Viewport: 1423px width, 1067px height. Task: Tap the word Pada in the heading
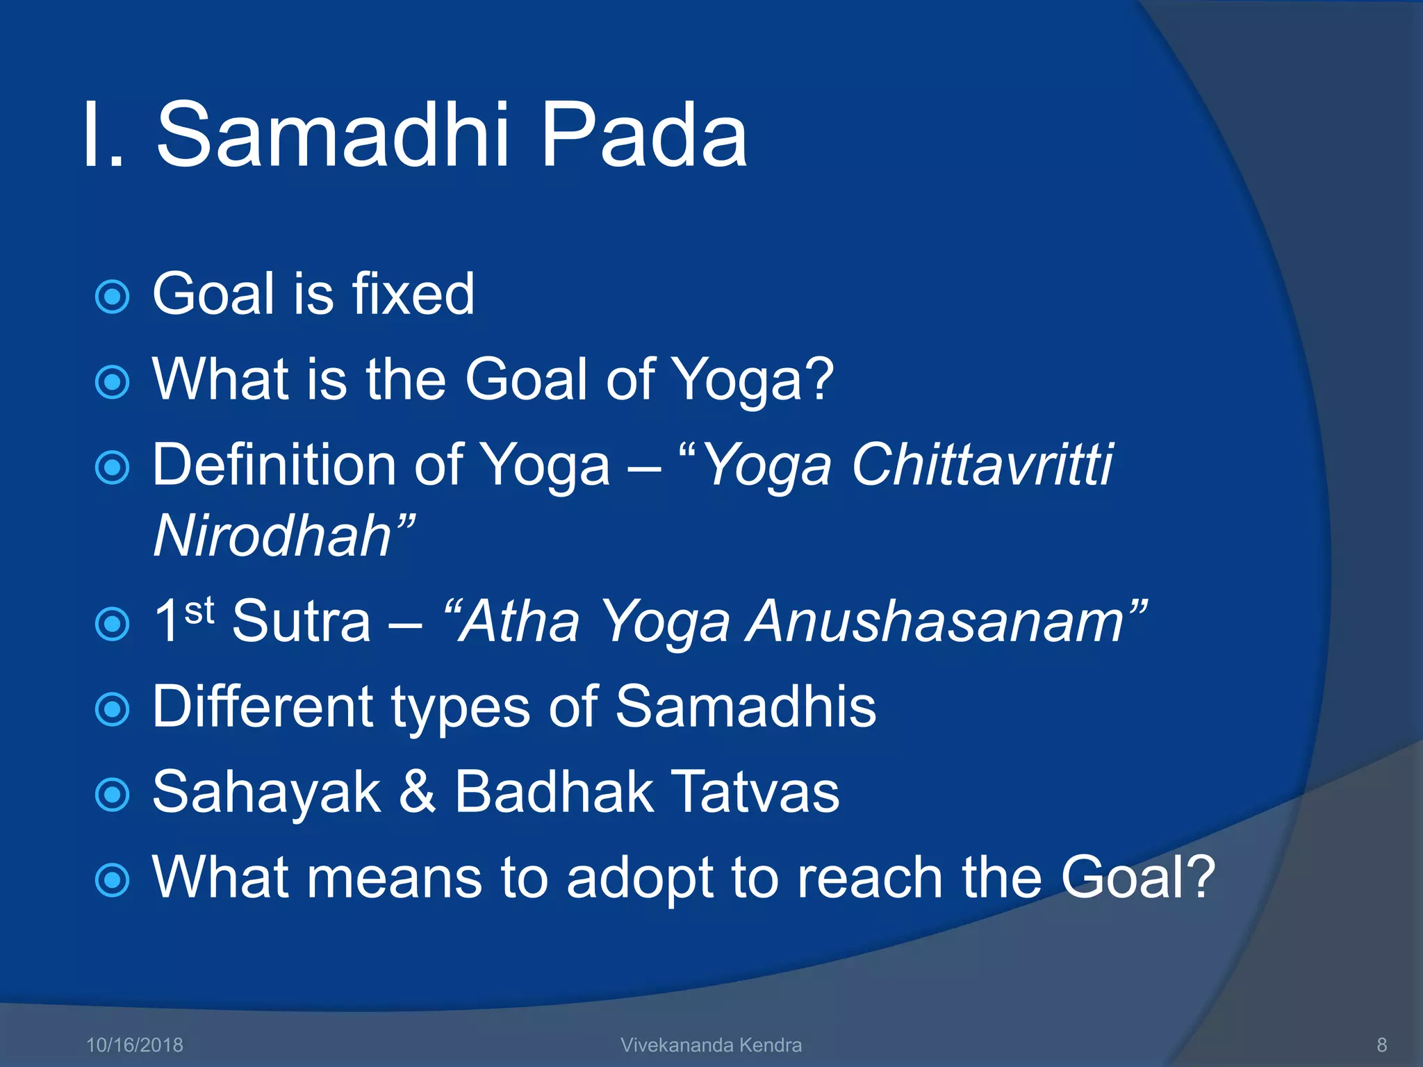point(643,135)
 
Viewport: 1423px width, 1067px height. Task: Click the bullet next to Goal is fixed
point(112,297)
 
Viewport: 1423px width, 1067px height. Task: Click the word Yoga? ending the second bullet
point(754,380)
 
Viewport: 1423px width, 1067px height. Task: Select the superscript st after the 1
point(199,609)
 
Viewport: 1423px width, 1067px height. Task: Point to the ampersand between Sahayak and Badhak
point(418,792)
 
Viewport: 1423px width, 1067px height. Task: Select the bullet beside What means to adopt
point(112,880)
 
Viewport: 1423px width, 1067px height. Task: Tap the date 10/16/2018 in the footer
point(134,1045)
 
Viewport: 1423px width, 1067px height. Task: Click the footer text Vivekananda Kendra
point(711,1045)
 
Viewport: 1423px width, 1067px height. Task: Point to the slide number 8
point(1381,1045)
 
